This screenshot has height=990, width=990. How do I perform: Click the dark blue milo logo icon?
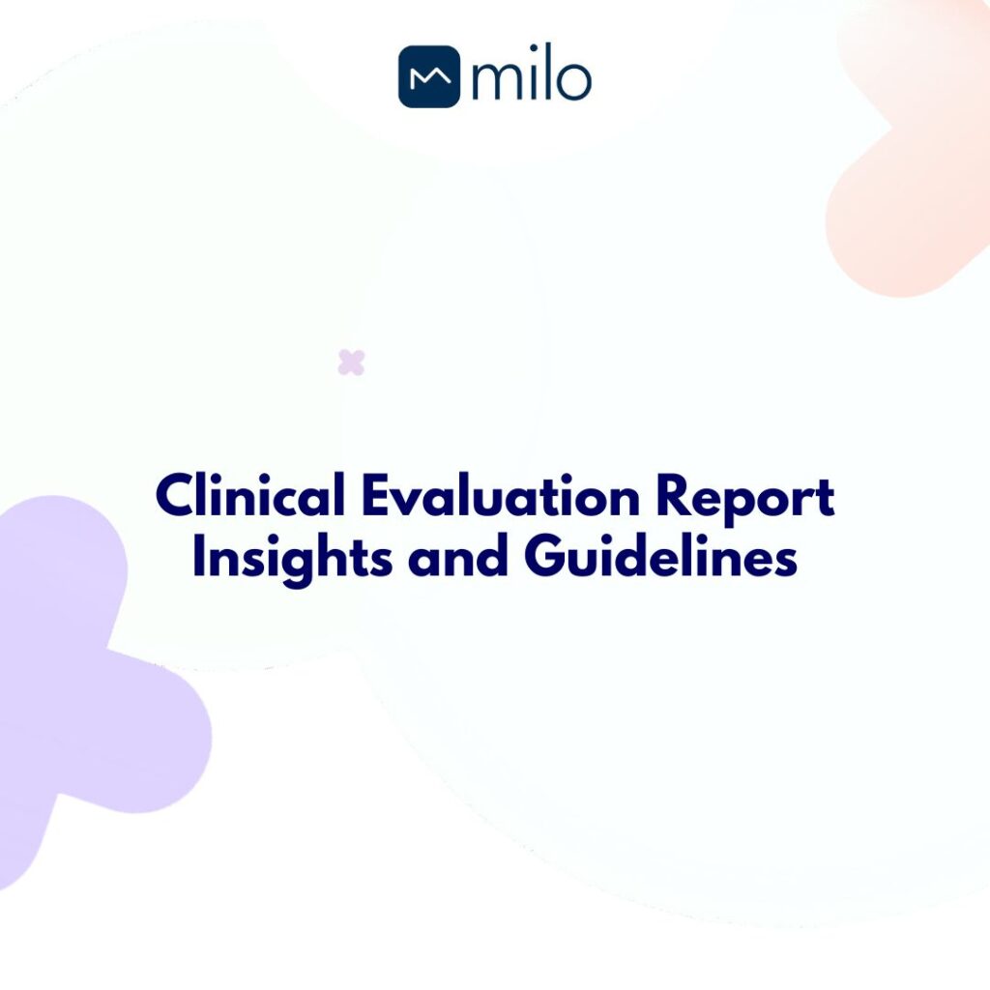428,77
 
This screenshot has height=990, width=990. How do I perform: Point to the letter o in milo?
570,82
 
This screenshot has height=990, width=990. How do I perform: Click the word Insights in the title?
291,559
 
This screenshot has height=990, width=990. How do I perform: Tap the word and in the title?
457,559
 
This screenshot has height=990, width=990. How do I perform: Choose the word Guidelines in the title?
661,559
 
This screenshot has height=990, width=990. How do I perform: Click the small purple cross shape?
351,363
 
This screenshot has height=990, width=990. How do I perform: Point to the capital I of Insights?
199,559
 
